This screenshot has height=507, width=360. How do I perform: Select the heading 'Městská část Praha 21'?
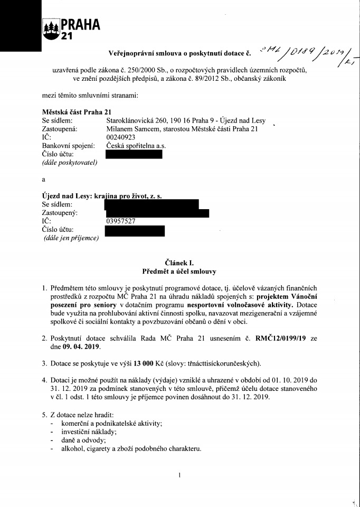76,111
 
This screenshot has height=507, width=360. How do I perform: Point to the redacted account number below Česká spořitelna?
134,154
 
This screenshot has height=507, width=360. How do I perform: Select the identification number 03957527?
121,221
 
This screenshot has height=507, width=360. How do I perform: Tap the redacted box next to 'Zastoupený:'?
157,213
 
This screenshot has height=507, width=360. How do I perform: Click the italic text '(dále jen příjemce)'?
71,238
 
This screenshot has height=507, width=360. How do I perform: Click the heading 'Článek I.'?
180,262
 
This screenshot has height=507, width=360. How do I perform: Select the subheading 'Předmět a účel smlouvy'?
179,271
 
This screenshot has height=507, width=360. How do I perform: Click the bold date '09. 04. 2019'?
83,346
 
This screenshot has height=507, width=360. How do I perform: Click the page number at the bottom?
180,475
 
